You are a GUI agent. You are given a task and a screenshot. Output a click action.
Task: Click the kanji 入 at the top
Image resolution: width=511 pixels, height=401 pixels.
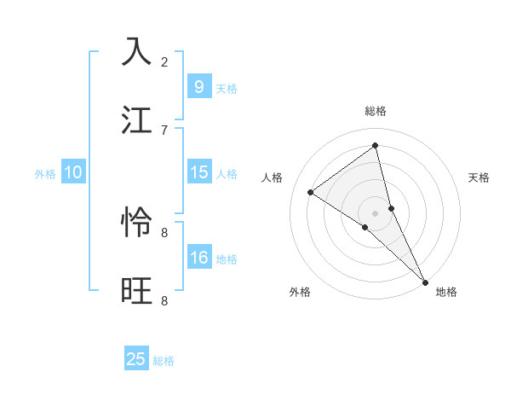point(137,52)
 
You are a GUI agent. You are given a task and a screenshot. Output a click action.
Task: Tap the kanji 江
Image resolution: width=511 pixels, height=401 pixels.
point(137,120)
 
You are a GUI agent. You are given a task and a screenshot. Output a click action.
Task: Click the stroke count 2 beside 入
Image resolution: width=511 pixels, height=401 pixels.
point(164,61)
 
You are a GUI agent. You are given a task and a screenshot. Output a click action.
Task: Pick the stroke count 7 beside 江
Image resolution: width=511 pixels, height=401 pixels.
point(164,130)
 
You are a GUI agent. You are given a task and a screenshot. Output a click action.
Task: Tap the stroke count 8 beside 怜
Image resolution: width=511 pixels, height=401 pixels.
point(164,232)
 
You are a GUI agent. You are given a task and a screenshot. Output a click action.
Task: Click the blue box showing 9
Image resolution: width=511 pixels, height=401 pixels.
point(198,86)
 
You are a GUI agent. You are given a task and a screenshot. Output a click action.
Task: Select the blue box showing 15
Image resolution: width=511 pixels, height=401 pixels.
point(198,172)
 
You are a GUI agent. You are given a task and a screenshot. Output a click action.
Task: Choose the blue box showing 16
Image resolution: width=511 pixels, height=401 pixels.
point(198,258)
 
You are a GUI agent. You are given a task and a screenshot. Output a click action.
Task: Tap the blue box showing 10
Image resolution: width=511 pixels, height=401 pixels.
point(72,172)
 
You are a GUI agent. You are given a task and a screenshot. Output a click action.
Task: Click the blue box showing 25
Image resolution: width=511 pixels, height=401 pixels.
point(136,359)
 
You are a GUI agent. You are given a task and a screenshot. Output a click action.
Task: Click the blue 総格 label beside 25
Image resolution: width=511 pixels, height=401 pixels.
point(164,361)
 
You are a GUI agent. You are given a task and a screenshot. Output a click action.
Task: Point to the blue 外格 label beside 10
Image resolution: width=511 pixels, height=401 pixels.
point(45,173)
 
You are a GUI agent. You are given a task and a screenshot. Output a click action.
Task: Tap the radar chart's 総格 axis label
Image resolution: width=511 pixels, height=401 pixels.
point(376,111)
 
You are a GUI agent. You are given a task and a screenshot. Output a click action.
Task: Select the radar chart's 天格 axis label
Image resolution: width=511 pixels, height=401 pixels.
point(479,177)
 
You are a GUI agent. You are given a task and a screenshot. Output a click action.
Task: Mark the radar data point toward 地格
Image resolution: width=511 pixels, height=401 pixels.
point(425,282)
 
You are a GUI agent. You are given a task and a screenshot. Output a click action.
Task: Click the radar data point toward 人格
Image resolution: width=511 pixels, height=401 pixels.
point(311,192)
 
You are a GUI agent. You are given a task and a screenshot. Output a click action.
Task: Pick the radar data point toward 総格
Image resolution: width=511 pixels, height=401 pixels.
point(376,146)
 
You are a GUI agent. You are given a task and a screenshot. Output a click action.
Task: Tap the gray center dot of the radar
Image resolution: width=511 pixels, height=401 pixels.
point(376,212)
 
